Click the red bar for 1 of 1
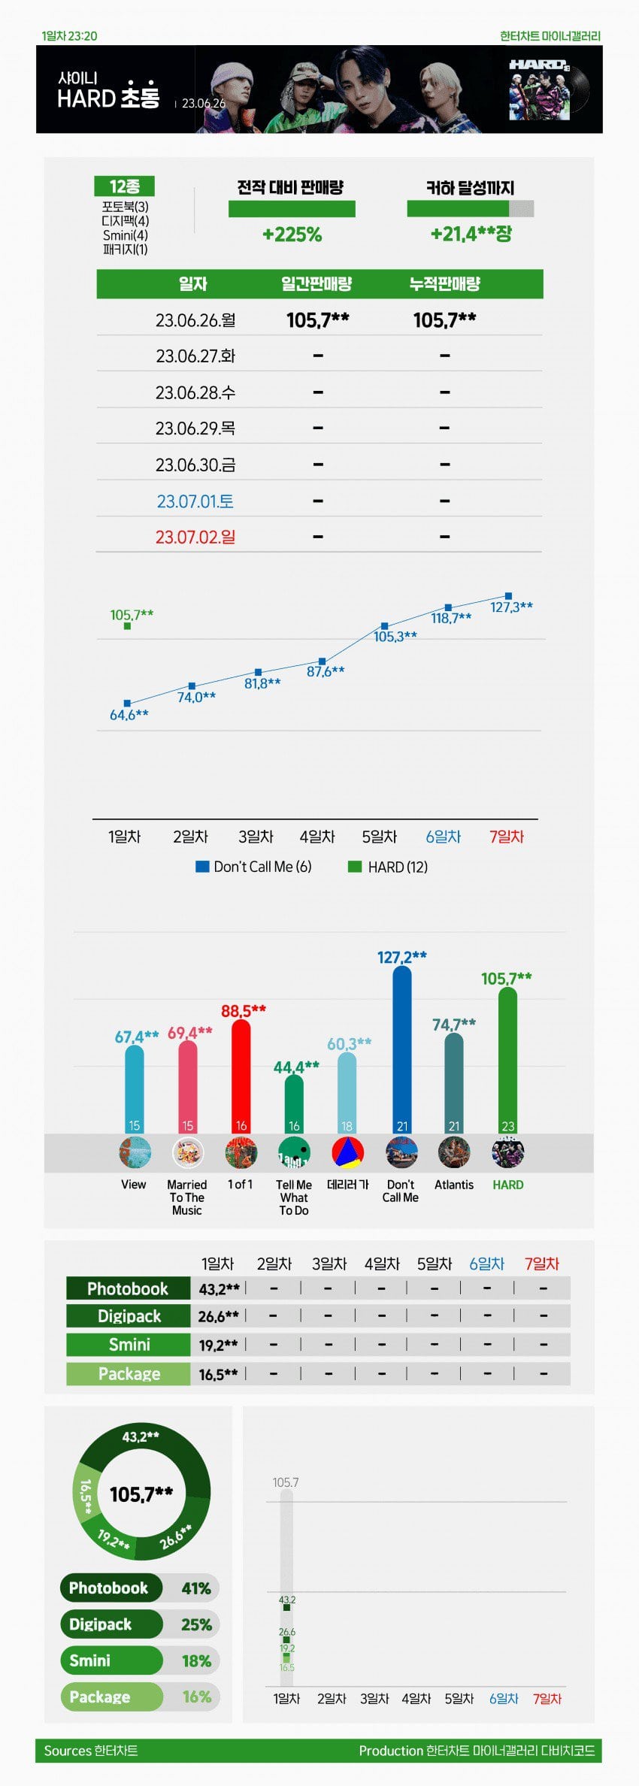click(x=241, y=1075)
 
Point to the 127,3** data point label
click(x=511, y=607)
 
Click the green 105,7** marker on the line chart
click(x=127, y=625)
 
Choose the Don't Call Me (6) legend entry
click(x=253, y=867)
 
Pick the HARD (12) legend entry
click(x=388, y=867)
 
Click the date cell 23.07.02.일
click(x=195, y=537)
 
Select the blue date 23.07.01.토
click(x=195, y=501)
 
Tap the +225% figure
click(x=292, y=235)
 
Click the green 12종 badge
click(x=124, y=186)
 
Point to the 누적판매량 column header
click(x=444, y=284)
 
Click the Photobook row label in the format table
click(x=128, y=1288)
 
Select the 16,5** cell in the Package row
click(x=218, y=1374)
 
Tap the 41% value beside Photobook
click(x=195, y=1588)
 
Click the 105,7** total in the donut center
click(x=141, y=1494)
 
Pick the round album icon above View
click(x=135, y=1152)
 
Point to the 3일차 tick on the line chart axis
click(x=256, y=837)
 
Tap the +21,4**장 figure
click(x=471, y=234)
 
